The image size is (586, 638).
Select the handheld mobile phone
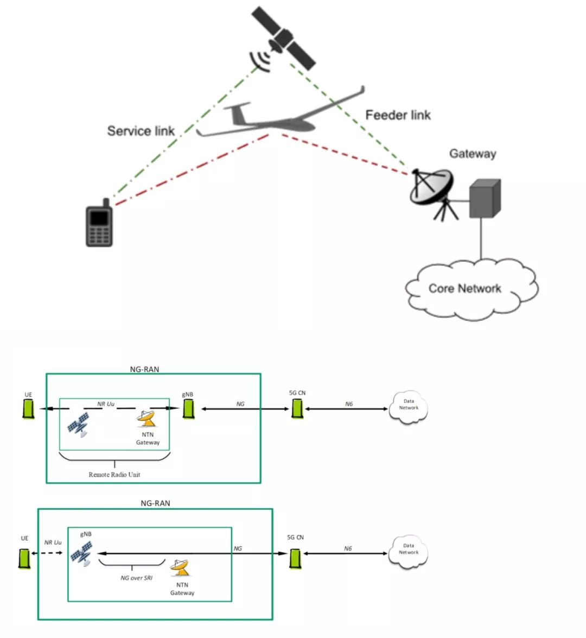point(99,224)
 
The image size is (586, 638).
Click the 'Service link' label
point(141,131)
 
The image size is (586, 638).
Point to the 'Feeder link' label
point(398,115)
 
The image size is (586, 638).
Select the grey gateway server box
point(484,199)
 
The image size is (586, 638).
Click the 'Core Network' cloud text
point(464,288)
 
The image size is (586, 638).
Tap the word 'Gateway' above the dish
point(472,154)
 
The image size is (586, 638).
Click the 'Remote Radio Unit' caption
point(114,475)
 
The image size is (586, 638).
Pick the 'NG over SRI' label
point(136,578)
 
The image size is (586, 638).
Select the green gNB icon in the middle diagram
point(188,409)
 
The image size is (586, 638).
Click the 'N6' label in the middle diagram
point(348,404)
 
